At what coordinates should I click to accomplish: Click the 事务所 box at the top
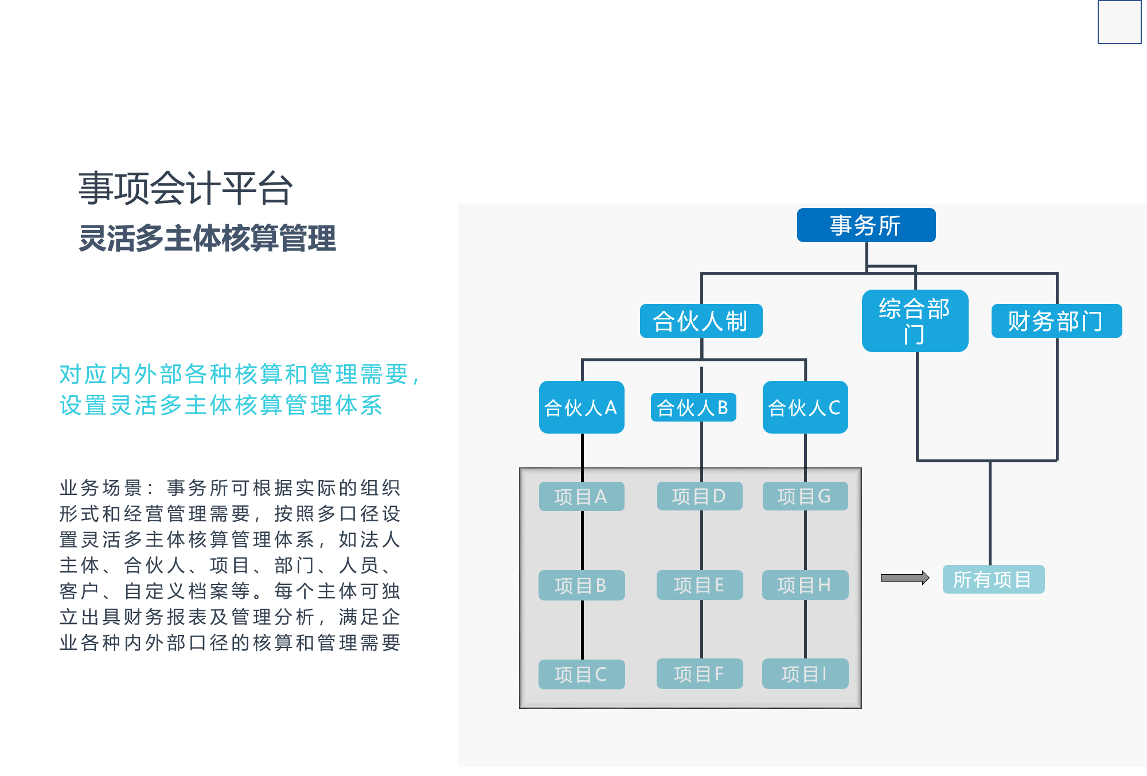pos(866,225)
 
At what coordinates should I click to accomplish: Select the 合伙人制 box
pos(701,321)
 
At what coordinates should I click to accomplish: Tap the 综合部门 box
pos(915,321)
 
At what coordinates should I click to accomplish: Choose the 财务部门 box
pos(1056,321)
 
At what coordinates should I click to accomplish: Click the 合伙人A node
pos(582,407)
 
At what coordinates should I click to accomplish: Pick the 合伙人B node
pos(693,408)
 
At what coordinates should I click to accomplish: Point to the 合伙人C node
pos(805,407)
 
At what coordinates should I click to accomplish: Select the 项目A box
pos(581,497)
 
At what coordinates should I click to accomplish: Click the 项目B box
pos(581,586)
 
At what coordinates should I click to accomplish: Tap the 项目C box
pos(581,674)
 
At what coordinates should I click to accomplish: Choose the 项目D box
pos(699,496)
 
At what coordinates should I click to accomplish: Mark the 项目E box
pos(699,585)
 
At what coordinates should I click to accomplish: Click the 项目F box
pos(699,674)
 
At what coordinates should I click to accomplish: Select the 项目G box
pos(805,496)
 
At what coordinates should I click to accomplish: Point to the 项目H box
pos(805,585)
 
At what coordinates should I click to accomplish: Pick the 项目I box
pos(805,674)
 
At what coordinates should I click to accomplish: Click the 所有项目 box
pos(993,580)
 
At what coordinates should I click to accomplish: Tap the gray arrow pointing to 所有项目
pos(905,578)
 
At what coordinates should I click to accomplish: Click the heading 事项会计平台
pos(186,188)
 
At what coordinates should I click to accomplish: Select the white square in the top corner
pos(1119,22)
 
